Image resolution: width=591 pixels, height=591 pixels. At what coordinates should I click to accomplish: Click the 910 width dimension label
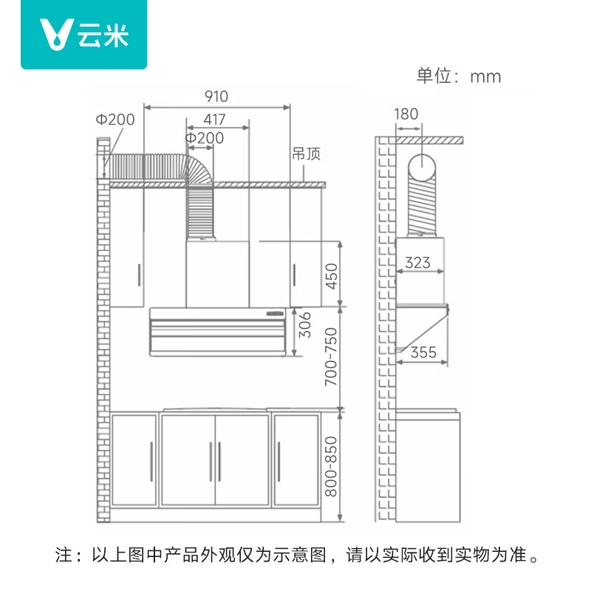coord(216,97)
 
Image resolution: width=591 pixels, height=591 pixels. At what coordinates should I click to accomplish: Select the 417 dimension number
coord(214,120)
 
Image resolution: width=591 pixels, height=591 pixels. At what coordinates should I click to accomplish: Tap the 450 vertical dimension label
coord(332,276)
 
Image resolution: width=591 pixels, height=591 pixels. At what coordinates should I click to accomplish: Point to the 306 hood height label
coord(304,325)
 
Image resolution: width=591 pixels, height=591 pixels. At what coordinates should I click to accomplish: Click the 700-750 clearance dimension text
coord(331,357)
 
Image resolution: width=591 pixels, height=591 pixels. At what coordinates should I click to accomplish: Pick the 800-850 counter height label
coord(331,467)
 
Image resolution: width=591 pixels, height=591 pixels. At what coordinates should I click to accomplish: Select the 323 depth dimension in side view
coord(417,263)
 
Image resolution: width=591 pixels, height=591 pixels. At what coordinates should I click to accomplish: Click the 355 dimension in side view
coord(423,352)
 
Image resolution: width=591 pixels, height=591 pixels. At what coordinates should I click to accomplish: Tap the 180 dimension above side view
coord(406,114)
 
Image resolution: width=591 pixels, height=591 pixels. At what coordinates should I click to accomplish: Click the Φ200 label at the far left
coord(115,120)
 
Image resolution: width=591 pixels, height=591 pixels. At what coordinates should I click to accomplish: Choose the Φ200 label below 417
coord(205,138)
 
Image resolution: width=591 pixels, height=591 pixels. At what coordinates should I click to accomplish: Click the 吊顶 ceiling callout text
coord(306,154)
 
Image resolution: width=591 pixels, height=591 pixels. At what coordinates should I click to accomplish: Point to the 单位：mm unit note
coord(459,76)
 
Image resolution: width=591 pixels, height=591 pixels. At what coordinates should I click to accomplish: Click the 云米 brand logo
coord(83,35)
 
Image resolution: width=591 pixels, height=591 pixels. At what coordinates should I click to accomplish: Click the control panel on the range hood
coord(275,313)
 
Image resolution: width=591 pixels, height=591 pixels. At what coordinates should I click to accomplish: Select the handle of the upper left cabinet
coord(139,275)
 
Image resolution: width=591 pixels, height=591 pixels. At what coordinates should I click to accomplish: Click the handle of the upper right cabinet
coord(294,275)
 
